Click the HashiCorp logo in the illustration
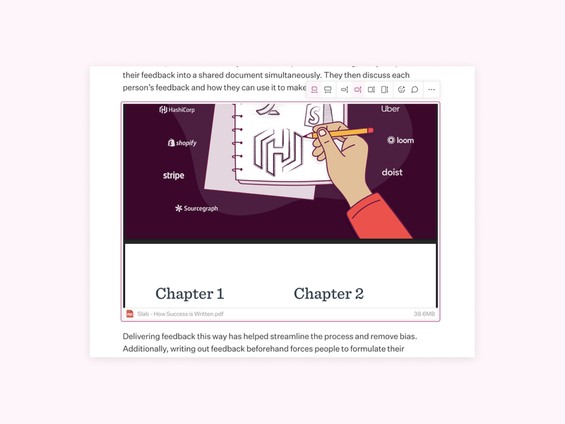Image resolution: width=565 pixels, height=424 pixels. pyautogui.click(x=177, y=110)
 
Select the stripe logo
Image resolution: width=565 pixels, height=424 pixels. pyautogui.click(x=174, y=175)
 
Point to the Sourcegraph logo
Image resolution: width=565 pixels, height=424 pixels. pyautogui.click(x=196, y=208)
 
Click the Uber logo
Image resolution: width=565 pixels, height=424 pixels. pyautogui.click(x=391, y=109)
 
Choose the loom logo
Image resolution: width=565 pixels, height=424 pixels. pyautogui.click(x=400, y=141)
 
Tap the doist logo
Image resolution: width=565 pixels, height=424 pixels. pyautogui.click(x=392, y=172)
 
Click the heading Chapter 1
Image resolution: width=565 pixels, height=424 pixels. pyautogui.click(x=189, y=293)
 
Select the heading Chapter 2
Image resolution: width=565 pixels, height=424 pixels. pyautogui.click(x=328, y=293)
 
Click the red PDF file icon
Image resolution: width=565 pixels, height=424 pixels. pyautogui.click(x=130, y=314)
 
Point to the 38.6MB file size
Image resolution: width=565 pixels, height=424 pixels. pyautogui.click(x=424, y=314)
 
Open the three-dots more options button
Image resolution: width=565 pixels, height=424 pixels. pyautogui.click(x=432, y=90)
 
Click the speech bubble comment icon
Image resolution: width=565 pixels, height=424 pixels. pyautogui.click(x=415, y=90)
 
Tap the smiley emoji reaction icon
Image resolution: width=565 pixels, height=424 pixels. pyautogui.click(x=401, y=90)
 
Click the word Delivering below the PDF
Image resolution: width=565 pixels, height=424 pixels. pyautogui.click(x=144, y=336)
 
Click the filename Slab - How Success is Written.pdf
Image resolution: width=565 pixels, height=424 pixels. pyautogui.click(x=181, y=314)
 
